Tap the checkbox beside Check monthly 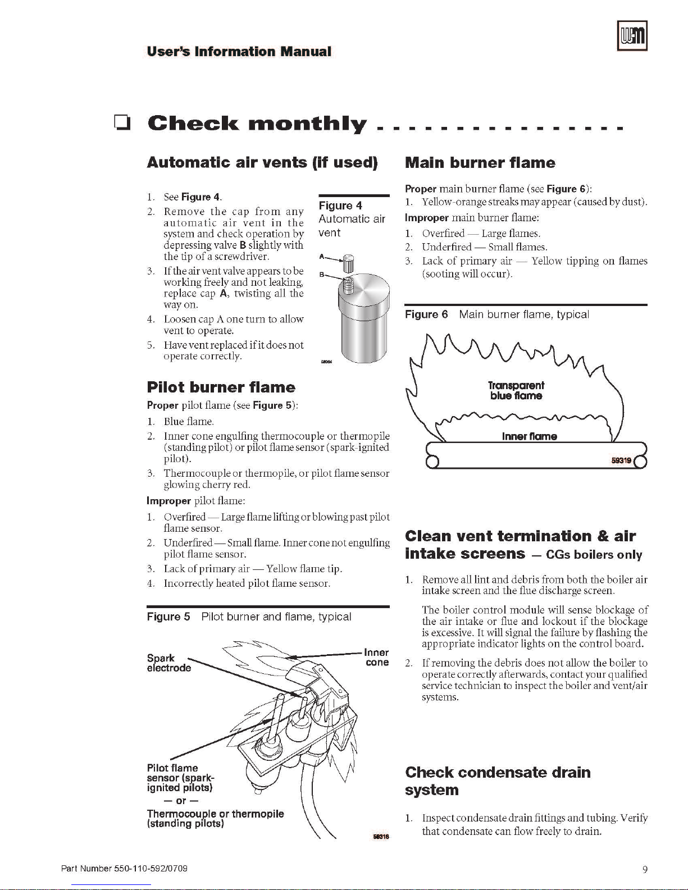pyautogui.click(x=121, y=123)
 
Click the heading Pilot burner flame pyautogui.click(x=221, y=387)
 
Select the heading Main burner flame pyautogui.click(x=480, y=163)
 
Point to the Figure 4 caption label pyautogui.click(x=340, y=206)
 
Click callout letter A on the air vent pyautogui.click(x=322, y=257)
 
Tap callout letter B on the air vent pyautogui.click(x=322, y=275)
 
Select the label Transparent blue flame pyautogui.click(x=516, y=390)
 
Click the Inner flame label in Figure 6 pyautogui.click(x=529, y=436)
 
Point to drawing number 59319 pyautogui.click(x=621, y=460)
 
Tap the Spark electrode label pyautogui.click(x=168, y=663)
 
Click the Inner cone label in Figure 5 pyautogui.click(x=376, y=658)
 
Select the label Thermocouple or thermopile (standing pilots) pyautogui.click(x=215, y=819)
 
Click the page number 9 pyautogui.click(x=645, y=869)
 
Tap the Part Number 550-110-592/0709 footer pyautogui.click(x=124, y=869)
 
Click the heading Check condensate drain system pyautogui.click(x=498, y=781)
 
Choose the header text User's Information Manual pyautogui.click(x=239, y=52)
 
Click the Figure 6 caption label pyautogui.click(x=426, y=314)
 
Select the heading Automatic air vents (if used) pyautogui.click(x=262, y=163)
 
